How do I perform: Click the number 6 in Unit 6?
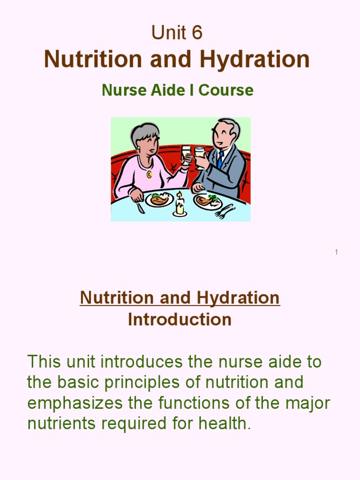196,32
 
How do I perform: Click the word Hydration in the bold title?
255,60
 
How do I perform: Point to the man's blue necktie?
220,159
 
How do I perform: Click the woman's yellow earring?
138,148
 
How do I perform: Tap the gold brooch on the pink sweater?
149,174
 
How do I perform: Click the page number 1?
336,252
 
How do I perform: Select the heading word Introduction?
180,320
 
